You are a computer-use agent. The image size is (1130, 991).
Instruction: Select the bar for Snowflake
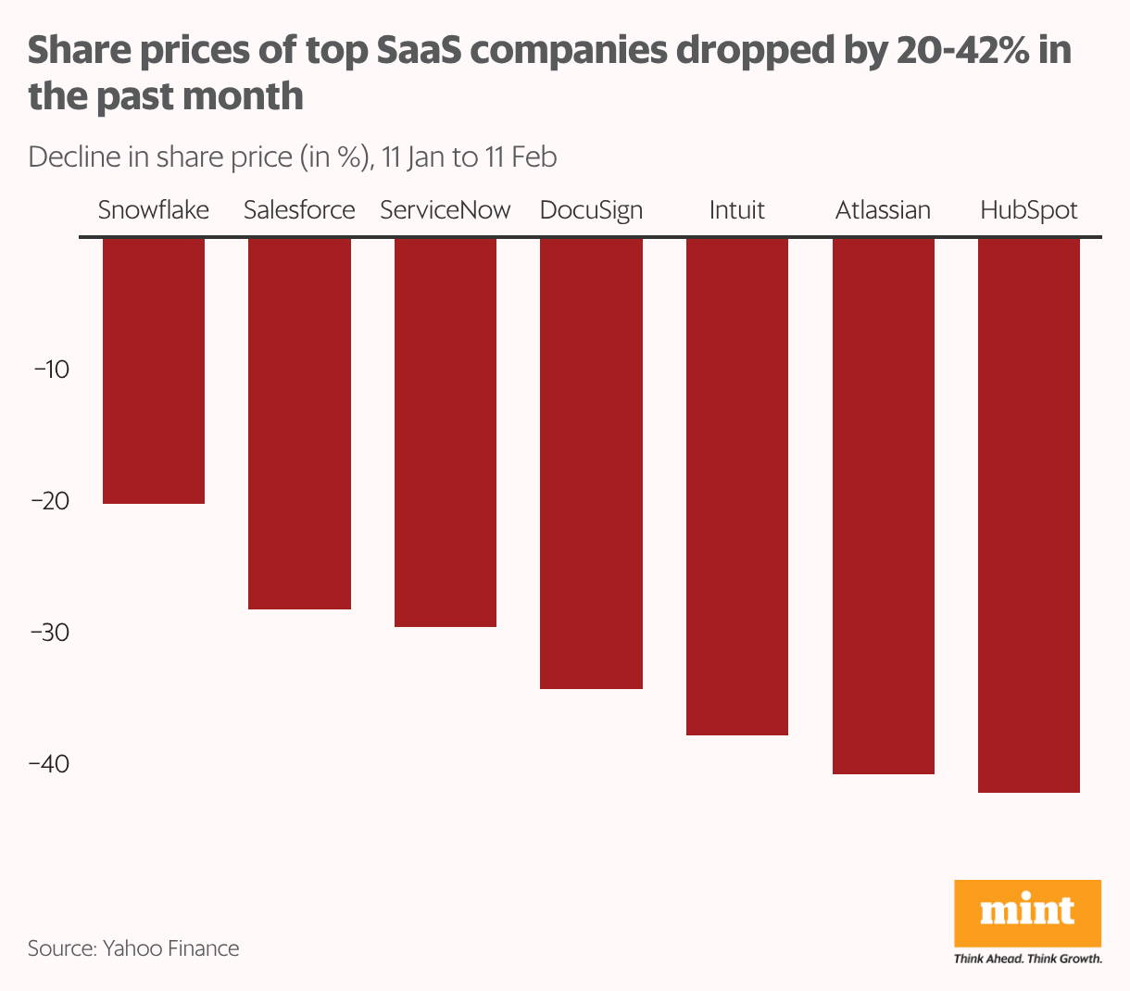[x=153, y=370]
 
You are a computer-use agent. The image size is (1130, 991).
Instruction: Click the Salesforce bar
[x=299, y=423]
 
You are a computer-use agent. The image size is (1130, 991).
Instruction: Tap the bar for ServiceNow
[x=446, y=433]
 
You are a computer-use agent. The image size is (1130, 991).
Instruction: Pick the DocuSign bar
[x=591, y=463]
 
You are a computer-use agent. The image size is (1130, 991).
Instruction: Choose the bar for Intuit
[x=737, y=486]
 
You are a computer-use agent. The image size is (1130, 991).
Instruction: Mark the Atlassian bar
[x=884, y=506]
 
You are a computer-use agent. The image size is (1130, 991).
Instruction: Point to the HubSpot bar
[x=1029, y=515]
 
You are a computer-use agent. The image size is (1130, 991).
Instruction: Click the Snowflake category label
[x=153, y=210]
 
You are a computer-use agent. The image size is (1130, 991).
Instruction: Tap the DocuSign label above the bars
[x=591, y=210]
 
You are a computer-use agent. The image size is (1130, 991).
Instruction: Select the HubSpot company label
[x=1029, y=210]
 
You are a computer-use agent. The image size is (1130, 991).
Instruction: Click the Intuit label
[x=737, y=210]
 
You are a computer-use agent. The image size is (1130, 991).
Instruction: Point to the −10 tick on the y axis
[x=51, y=370]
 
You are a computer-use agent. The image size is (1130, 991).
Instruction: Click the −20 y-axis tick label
[x=51, y=501]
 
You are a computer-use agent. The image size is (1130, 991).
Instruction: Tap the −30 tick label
[x=51, y=633]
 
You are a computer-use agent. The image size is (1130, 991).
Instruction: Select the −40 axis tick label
[x=51, y=764]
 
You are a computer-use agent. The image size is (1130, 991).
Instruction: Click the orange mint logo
[x=1027, y=913]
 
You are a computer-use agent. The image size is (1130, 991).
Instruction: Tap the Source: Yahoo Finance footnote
[x=133, y=948]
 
